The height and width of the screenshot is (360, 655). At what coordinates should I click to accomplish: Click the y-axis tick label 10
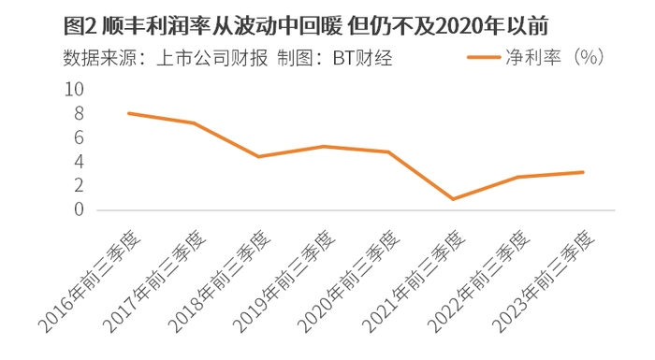pyautogui.click(x=74, y=90)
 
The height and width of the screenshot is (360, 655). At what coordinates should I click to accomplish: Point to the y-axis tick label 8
pyautogui.click(x=79, y=113)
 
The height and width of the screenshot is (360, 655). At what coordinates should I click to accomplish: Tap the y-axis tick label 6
pyautogui.click(x=79, y=137)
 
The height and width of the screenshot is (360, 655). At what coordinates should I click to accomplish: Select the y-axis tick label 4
pyautogui.click(x=79, y=161)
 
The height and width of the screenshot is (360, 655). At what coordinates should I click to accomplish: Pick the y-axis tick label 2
pyautogui.click(x=79, y=185)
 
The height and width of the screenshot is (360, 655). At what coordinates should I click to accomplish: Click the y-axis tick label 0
pyautogui.click(x=79, y=209)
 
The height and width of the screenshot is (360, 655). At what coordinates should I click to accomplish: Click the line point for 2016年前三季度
pyautogui.click(x=129, y=113)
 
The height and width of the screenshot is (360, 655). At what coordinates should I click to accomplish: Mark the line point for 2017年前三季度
pyautogui.click(x=194, y=122)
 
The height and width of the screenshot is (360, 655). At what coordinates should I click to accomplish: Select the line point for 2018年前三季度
pyautogui.click(x=258, y=156)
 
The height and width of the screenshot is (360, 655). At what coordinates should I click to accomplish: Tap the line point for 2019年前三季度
pyautogui.click(x=324, y=146)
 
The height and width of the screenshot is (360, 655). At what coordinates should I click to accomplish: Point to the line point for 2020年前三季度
pyautogui.click(x=388, y=152)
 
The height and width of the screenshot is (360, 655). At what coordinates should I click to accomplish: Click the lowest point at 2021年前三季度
pyautogui.click(x=453, y=199)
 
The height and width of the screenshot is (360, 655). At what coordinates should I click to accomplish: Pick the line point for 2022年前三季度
pyautogui.click(x=518, y=177)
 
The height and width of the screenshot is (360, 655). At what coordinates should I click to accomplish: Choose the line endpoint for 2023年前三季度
pyautogui.click(x=583, y=172)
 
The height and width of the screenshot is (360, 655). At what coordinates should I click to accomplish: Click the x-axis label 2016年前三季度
pyautogui.click(x=90, y=281)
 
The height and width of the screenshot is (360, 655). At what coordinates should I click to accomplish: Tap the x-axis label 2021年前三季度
pyautogui.click(x=414, y=281)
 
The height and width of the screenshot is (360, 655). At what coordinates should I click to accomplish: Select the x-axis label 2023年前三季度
pyautogui.click(x=544, y=281)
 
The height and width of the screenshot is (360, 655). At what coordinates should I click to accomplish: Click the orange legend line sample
pyautogui.click(x=484, y=57)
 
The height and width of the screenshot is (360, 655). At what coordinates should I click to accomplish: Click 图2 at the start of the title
pyautogui.click(x=80, y=26)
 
